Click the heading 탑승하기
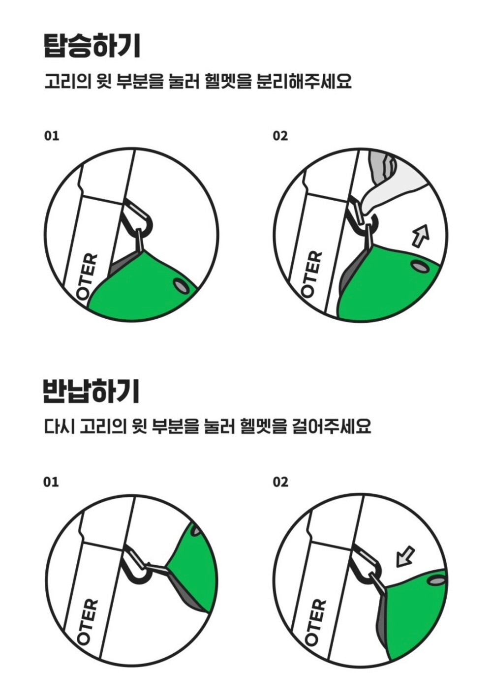tap(92, 47)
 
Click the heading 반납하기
tap(91, 392)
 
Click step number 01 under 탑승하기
tap(52, 136)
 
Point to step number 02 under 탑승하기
tap(280, 136)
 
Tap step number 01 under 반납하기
tap(51, 482)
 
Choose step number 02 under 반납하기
tap(280, 482)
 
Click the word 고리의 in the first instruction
tap(67, 82)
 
